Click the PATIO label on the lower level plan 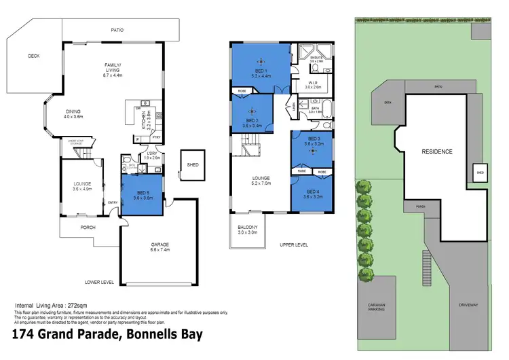tap(117, 30)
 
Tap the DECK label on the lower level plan tap(33, 57)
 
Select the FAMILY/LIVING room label tap(112, 68)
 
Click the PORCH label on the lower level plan tap(87, 228)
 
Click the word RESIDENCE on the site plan tap(436, 151)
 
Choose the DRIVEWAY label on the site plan tap(468, 305)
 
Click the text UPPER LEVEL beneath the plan tap(293, 245)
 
